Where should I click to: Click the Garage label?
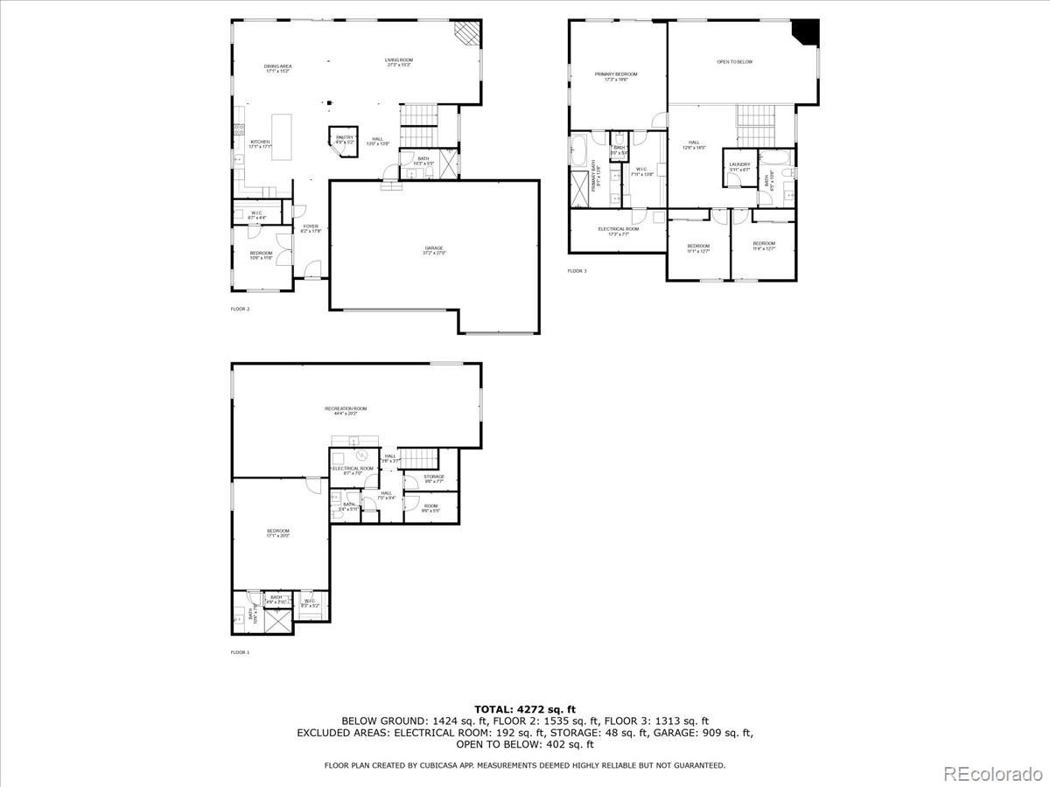(435, 250)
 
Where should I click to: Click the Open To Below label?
(734, 62)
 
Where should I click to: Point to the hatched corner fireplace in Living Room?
(467, 34)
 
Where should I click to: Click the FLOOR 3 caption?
(577, 271)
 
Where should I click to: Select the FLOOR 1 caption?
(240, 652)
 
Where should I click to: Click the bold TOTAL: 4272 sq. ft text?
(524, 709)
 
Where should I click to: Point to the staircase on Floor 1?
(423, 456)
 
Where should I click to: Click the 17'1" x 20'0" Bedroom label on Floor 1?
(278, 533)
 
